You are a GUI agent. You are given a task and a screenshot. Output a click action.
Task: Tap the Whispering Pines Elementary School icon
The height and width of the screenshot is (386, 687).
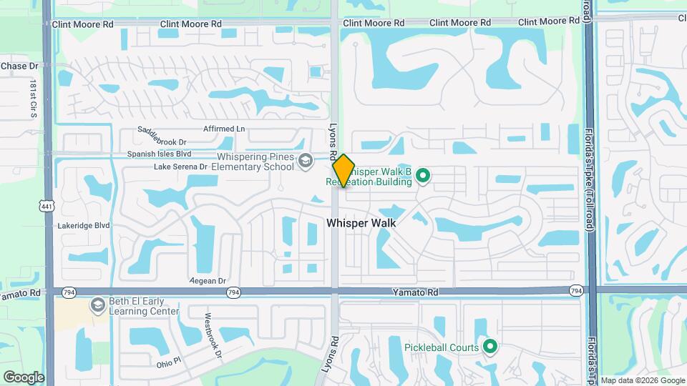[306, 161]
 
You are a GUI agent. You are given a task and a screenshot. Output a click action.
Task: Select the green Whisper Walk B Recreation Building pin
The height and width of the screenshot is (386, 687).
[422, 174]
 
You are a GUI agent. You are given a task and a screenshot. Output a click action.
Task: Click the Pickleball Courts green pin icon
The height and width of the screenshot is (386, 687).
[490, 347]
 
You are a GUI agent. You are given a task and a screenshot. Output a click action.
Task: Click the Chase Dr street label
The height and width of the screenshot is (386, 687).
[19, 66]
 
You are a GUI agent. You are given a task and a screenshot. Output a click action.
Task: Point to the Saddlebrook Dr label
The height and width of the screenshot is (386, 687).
[162, 136]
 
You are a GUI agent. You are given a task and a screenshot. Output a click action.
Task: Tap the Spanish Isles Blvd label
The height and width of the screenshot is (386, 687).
[160, 153]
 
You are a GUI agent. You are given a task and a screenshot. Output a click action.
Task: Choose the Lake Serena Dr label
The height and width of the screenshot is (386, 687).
[180, 167]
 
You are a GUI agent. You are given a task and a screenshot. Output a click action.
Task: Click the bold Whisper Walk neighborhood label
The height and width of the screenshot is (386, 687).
[361, 223]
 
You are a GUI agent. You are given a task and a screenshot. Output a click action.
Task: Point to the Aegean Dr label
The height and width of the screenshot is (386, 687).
[208, 281]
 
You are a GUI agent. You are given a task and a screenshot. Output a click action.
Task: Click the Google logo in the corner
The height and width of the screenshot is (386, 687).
[24, 377]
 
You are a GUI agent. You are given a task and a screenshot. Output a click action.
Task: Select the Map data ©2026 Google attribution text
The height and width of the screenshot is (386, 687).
[643, 380]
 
